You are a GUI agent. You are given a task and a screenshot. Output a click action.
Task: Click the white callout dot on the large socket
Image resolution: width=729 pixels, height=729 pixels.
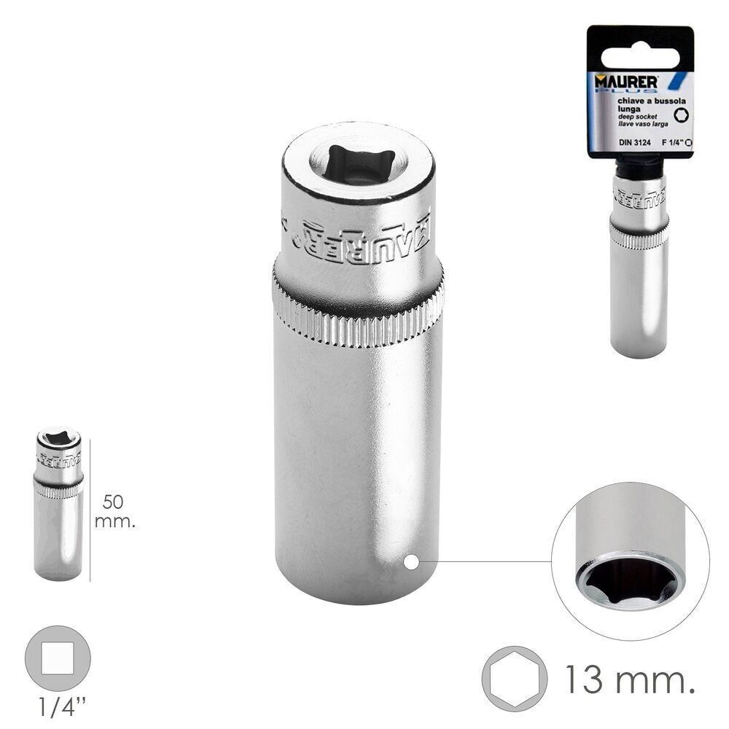pyautogui.click(x=411, y=562)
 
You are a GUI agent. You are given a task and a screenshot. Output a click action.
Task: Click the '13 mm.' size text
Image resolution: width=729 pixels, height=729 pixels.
pyautogui.click(x=626, y=682)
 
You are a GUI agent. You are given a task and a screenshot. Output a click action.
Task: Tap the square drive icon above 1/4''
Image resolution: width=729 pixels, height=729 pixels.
pyautogui.click(x=58, y=659)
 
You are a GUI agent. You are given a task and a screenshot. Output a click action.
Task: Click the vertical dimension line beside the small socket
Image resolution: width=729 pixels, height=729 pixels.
pyautogui.click(x=90, y=510)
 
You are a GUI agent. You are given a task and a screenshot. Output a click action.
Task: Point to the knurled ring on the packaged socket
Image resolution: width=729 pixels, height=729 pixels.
pyautogui.click(x=639, y=237)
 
